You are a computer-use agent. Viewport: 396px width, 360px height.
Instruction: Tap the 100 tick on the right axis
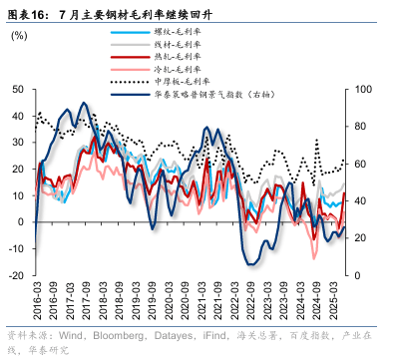[365, 89]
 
